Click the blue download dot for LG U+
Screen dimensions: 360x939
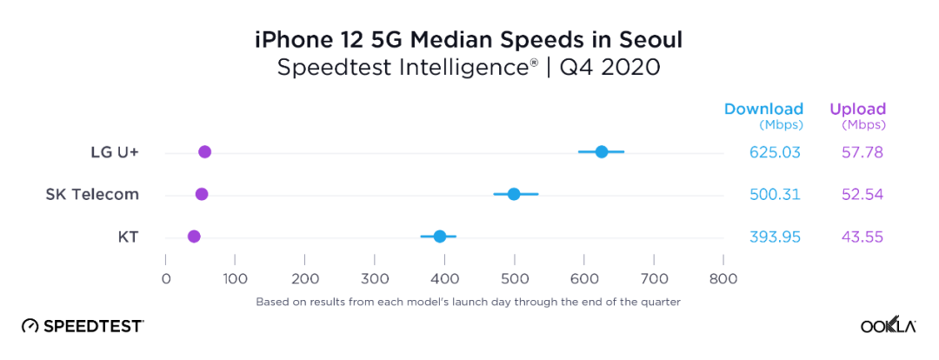tap(602, 151)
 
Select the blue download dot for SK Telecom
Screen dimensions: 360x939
tap(514, 194)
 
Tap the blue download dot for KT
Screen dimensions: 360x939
tap(440, 237)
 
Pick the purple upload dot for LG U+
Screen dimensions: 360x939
tap(205, 152)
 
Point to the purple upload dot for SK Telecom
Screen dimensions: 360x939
tap(202, 194)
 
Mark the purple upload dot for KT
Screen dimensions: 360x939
tap(194, 237)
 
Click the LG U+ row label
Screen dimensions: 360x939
tap(115, 152)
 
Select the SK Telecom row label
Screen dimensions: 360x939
tap(92, 194)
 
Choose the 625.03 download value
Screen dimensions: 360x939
tap(775, 152)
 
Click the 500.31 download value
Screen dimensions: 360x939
tap(775, 194)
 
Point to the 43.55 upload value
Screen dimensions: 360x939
tap(862, 237)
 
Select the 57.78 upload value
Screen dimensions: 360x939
tap(862, 152)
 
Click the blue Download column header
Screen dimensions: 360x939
tap(763, 110)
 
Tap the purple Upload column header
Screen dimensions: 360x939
tap(857, 110)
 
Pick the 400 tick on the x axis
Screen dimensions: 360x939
tap(445, 279)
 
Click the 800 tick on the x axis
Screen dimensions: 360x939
tap(723, 279)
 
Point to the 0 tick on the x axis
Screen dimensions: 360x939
tap(166, 279)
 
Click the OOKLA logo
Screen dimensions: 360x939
tap(889, 325)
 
